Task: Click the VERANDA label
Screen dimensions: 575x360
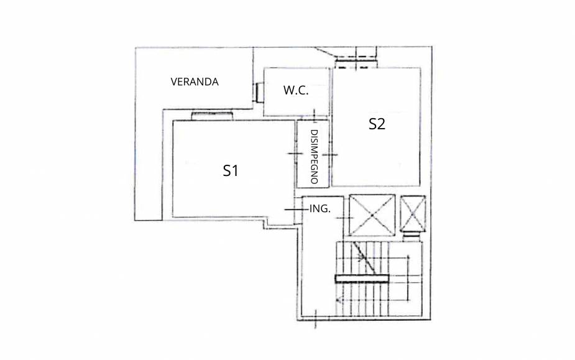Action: [195, 81]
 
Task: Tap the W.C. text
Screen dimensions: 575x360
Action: [296, 90]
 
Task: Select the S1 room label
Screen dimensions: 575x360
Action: [231, 170]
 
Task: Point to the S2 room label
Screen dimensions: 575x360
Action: [377, 124]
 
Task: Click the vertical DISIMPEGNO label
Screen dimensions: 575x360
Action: [314, 157]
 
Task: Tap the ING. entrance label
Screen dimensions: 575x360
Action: [320, 208]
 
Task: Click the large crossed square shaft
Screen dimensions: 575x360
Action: [372, 215]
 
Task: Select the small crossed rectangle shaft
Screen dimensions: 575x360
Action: [413, 214]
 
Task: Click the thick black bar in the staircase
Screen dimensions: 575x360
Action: [362, 279]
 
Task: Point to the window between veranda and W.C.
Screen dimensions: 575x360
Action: [259, 93]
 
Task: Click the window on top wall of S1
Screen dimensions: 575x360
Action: [213, 116]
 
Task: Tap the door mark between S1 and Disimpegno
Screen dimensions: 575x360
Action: [295, 154]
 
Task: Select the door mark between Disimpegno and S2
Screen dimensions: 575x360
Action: [330, 154]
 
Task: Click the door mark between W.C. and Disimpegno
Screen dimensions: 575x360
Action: [315, 116]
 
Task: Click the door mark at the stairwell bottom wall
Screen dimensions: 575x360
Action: [316, 318]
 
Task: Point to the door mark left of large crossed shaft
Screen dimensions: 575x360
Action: [344, 218]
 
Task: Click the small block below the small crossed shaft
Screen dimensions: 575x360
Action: [412, 236]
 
